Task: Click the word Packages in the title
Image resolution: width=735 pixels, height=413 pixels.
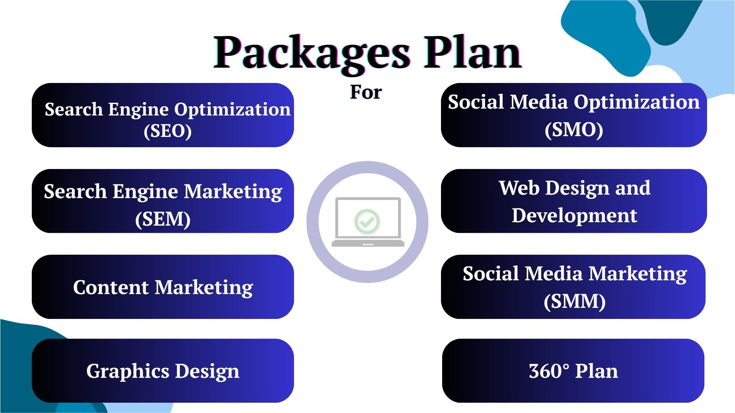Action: pyautogui.click(x=312, y=53)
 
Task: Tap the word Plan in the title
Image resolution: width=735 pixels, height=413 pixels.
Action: pyautogui.click(x=472, y=52)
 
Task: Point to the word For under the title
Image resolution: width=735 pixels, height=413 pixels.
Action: pyautogui.click(x=366, y=92)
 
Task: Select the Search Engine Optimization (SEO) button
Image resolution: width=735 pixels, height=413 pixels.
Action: pyautogui.click(x=163, y=115)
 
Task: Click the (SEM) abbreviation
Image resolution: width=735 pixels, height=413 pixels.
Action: pyautogui.click(x=163, y=219)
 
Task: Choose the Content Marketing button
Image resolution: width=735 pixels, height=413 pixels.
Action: pyautogui.click(x=163, y=287)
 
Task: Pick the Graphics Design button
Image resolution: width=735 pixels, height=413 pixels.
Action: pyautogui.click(x=163, y=371)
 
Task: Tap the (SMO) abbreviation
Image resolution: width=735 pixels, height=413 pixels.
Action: pyautogui.click(x=574, y=130)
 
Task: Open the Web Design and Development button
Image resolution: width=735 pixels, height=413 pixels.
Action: pyautogui.click(x=574, y=201)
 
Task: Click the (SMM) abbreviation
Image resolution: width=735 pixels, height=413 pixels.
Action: pyautogui.click(x=575, y=301)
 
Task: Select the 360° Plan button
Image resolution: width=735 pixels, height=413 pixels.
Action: pyautogui.click(x=573, y=371)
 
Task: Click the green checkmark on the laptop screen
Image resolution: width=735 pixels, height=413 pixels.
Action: pyautogui.click(x=367, y=221)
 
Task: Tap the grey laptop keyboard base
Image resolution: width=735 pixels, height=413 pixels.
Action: pyautogui.click(x=368, y=243)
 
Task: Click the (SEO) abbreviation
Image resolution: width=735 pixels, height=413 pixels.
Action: pyautogui.click(x=168, y=131)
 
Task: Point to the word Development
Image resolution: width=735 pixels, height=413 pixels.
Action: pyautogui.click(x=575, y=216)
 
